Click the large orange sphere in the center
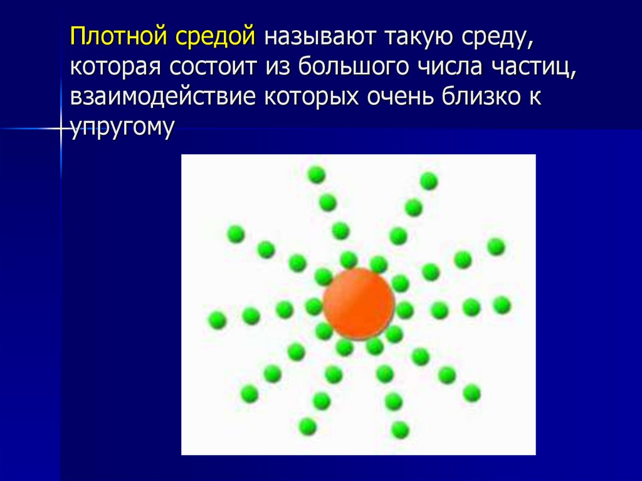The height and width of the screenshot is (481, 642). (x=359, y=303)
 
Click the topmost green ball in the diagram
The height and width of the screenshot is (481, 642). (x=317, y=174)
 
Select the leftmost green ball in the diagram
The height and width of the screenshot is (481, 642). (x=217, y=320)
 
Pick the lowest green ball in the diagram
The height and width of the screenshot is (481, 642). (x=399, y=430)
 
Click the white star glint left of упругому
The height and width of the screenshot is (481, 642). (x=61, y=129)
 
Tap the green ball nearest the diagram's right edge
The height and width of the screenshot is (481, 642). (x=502, y=305)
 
